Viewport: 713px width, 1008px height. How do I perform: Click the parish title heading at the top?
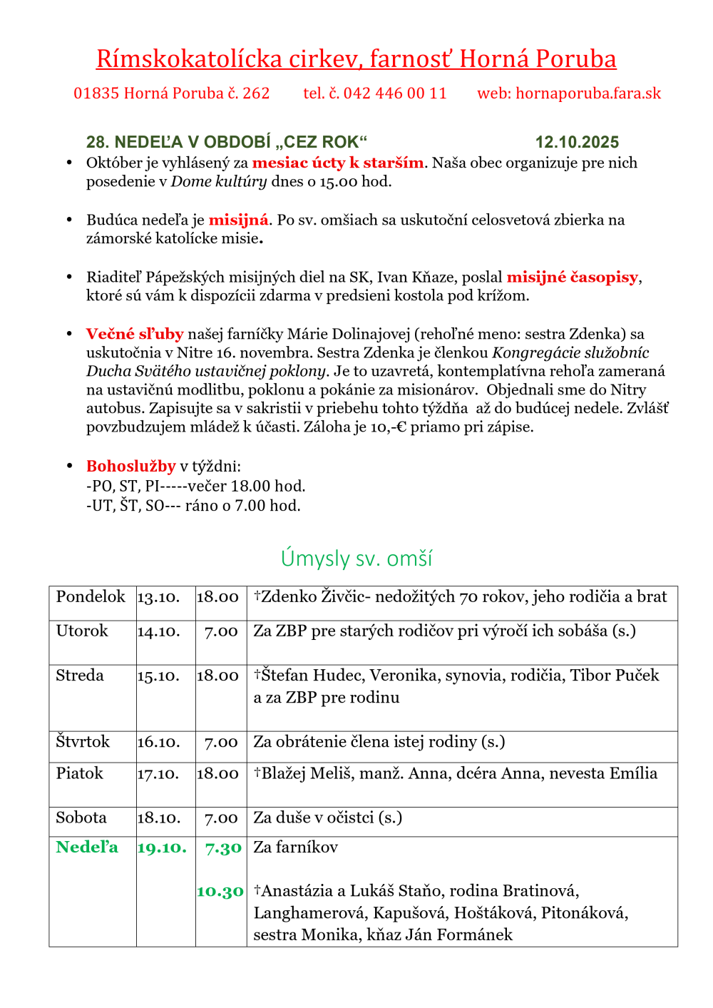[356, 58]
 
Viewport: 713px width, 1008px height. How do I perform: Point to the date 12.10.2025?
[577, 142]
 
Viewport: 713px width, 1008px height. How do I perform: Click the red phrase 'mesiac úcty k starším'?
[337, 163]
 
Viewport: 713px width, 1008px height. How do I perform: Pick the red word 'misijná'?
[238, 220]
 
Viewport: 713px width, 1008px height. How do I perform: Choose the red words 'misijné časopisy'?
[572, 277]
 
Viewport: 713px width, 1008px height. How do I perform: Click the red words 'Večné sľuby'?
[135, 334]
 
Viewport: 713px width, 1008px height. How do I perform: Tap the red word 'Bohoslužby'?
[130, 467]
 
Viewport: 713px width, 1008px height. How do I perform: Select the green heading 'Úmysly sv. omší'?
[356, 558]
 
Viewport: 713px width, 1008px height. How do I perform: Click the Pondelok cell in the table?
[91, 597]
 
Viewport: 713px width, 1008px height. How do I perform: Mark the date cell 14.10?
[158, 631]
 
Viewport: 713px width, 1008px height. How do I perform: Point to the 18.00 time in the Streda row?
[217, 676]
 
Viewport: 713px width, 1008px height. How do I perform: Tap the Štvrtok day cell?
[83, 742]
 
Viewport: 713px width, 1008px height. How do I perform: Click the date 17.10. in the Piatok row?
[158, 774]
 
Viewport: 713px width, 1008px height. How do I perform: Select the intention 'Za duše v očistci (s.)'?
[327, 818]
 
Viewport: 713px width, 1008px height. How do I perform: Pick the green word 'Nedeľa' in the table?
[87, 847]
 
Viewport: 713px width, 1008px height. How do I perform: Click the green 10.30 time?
[220, 891]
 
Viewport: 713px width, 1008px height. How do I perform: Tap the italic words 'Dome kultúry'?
[218, 181]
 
